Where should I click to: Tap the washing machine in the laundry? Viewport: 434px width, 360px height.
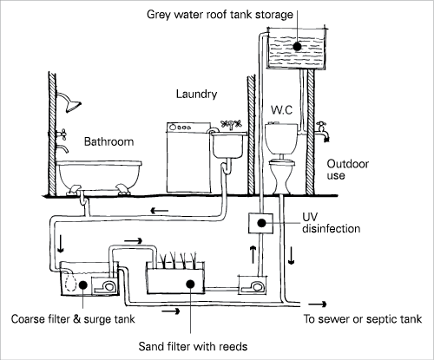[188, 157]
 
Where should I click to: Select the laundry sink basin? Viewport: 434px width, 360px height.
[228, 145]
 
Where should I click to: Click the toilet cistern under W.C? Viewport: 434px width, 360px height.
[281, 139]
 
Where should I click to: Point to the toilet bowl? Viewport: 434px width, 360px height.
[281, 176]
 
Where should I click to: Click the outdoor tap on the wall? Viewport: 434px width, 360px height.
[323, 131]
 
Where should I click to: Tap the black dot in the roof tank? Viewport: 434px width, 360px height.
[297, 46]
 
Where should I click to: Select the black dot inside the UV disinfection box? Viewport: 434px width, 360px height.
[261, 223]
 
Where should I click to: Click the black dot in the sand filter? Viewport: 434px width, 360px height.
[190, 284]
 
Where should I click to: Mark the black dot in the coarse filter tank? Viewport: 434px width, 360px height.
[82, 285]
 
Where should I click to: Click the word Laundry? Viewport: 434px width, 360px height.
[196, 95]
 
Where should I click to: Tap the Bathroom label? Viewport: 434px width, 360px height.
[108, 141]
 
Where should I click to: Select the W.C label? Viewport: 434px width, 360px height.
[281, 110]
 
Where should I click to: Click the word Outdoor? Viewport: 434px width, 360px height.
[348, 164]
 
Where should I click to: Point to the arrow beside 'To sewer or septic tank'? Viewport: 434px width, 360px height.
[317, 304]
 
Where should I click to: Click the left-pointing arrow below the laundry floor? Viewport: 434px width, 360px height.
[159, 211]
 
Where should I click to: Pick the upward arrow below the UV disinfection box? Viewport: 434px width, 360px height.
[253, 254]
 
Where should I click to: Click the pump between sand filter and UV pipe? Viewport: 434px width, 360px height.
[253, 285]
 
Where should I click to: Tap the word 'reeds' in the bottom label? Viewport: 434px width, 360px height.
[233, 346]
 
